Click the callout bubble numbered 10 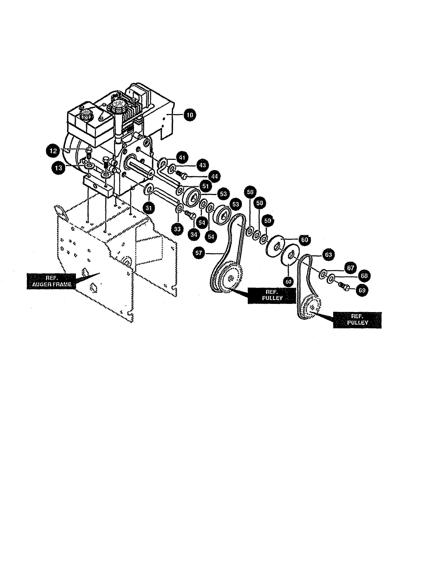[x=190, y=115]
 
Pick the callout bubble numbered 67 [x=350, y=268]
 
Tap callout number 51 [x=206, y=185]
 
